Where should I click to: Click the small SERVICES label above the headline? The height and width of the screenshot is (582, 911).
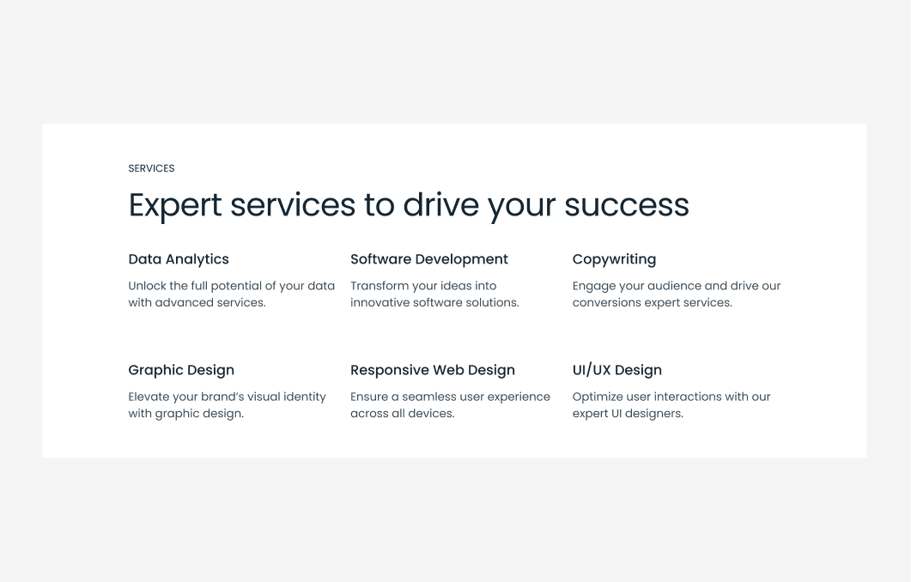click(151, 168)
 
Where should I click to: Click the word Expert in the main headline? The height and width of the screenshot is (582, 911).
click(175, 206)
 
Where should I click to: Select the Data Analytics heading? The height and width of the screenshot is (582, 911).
click(179, 259)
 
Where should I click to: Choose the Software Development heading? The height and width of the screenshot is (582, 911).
click(429, 259)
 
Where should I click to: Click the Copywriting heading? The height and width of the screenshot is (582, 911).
click(614, 259)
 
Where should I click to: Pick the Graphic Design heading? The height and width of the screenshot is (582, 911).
click(181, 370)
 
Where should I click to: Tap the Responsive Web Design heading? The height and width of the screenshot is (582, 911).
click(433, 370)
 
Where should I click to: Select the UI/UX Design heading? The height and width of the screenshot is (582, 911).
click(617, 370)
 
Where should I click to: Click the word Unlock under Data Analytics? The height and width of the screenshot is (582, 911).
click(147, 286)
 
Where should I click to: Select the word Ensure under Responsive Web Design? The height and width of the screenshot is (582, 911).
click(369, 397)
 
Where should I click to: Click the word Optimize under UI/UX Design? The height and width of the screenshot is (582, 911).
click(598, 397)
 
